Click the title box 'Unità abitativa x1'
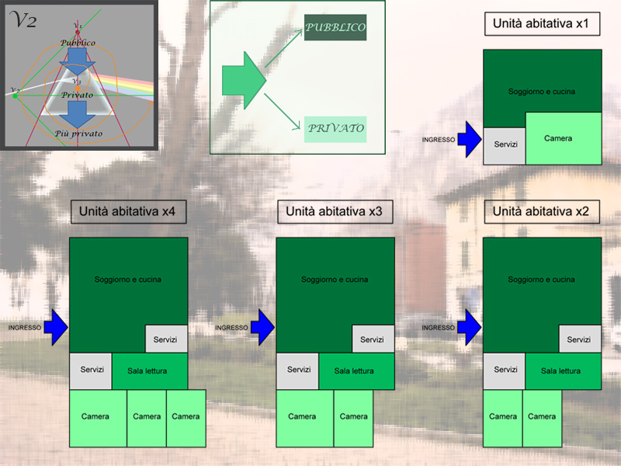[x=541, y=24]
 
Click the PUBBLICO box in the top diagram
[x=335, y=27]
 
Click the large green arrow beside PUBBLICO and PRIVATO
[x=243, y=76]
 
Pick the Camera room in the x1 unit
[x=563, y=138]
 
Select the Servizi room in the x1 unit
[x=505, y=144]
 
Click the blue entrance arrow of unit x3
[x=263, y=327]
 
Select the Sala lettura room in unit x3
[x=354, y=371]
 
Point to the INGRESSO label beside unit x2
[x=438, y=328]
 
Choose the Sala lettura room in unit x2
[x=560, y=371]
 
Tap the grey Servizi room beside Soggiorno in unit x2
[x=579, y=339]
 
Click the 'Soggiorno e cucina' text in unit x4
[x=128, y=279]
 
